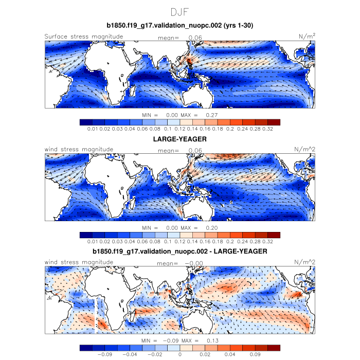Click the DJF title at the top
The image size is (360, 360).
180,11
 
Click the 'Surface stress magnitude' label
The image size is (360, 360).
84,36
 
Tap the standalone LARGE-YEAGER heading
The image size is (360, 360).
180,139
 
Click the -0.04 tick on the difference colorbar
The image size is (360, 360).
131,354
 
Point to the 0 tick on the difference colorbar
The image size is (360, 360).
180,354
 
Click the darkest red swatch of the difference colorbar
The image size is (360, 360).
274,348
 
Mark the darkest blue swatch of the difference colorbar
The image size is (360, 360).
86,348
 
